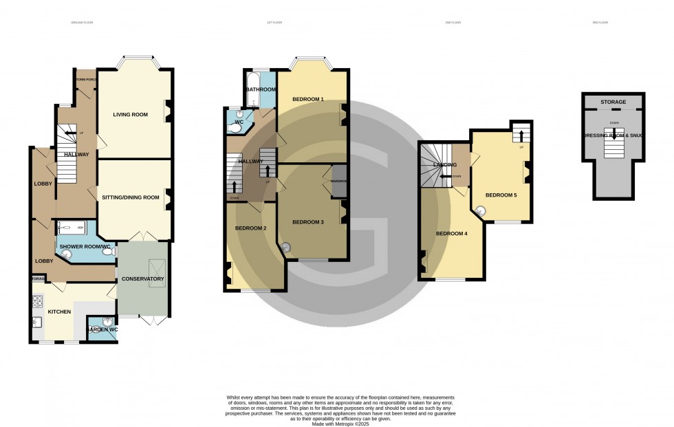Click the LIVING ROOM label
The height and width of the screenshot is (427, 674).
click(x=131, y=115)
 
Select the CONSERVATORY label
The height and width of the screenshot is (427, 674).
click(x=142, y=278)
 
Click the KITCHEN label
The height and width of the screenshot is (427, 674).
click(x=59, y=311)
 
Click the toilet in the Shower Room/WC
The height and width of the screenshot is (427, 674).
click(x=108, y=252)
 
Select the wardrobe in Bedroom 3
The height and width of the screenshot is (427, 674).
click(x=338, y=182)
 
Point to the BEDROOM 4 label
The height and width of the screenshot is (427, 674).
click(x=451, y=234)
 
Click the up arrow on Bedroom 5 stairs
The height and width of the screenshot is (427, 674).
click(x=521, y=134)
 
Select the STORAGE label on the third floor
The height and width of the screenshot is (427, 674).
click(x=613, y=102)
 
